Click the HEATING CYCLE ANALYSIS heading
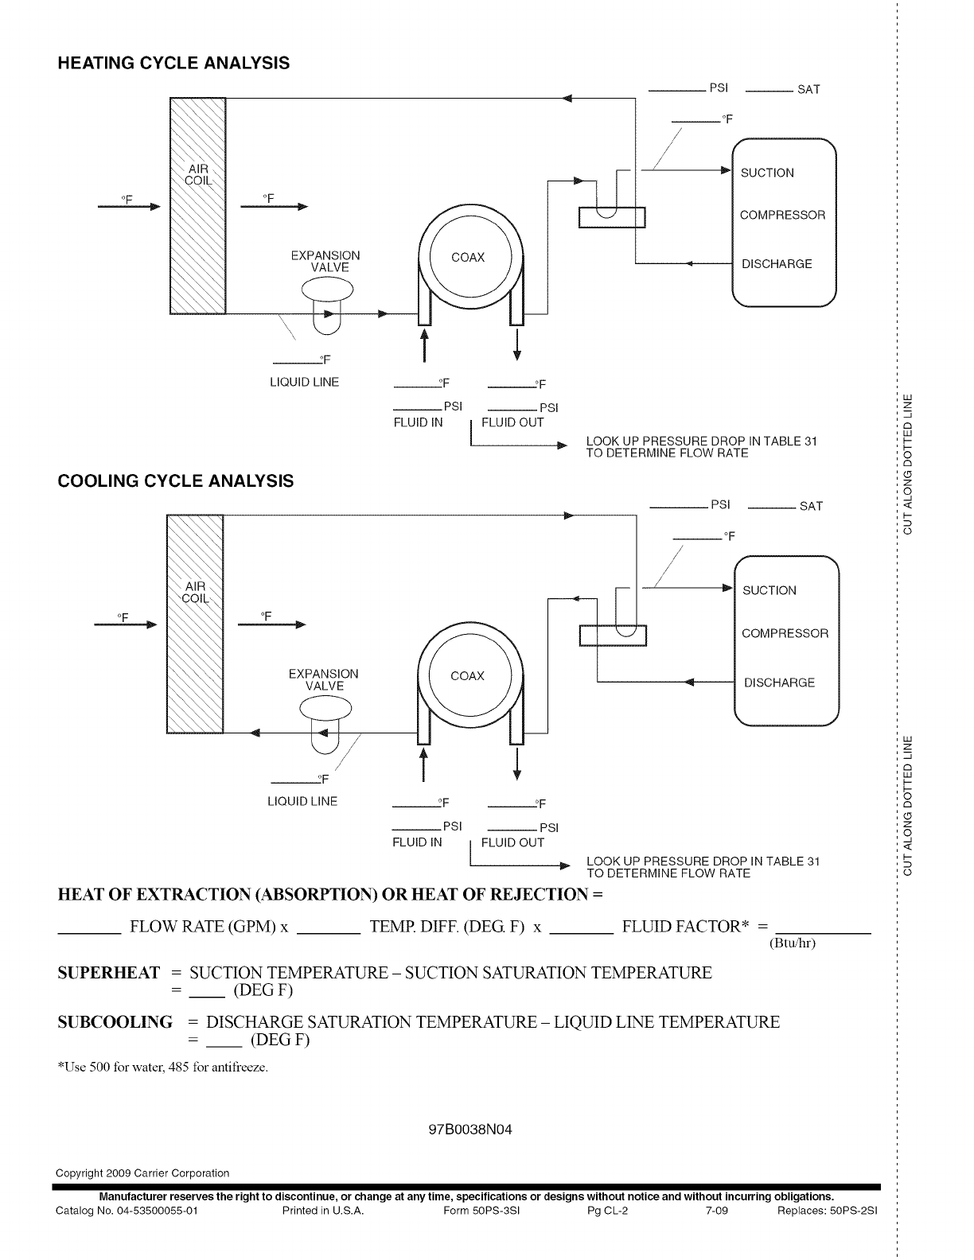coord(173,63)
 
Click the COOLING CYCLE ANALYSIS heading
coord(176,481)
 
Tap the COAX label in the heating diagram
coord(468,258)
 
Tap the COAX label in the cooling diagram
coord(467,676)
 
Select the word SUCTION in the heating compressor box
coord(767,173)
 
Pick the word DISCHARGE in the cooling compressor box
coord(779,682)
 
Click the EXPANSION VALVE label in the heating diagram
coord(325,261)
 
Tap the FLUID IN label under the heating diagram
coord(418,422)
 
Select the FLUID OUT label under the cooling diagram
coord(512,842)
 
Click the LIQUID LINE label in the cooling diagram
coord(302,801)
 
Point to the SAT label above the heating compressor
coord(808,90)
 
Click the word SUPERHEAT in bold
coord(109,973)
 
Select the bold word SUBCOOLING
coord(115,1022)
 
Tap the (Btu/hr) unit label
coord(793,943)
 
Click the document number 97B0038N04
coord(469,1130)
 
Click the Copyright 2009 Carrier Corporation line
coord(142,1172)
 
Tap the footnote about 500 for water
coord(163,1067)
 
